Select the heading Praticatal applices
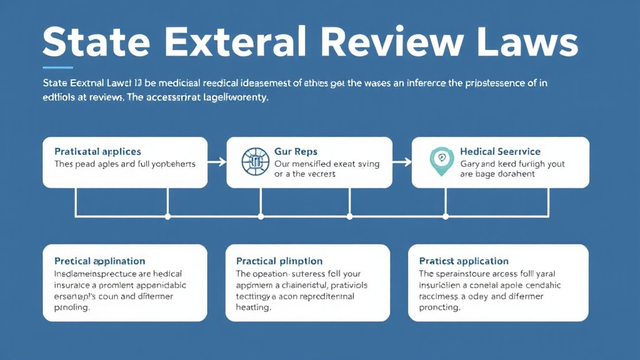[97, 152]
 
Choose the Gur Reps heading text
[296, 152]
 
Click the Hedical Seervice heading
[500, 152]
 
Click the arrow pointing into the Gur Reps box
[217, 162]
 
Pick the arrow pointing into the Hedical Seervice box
[402, 162]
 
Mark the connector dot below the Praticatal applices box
[167, 217]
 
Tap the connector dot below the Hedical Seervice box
[446, 217]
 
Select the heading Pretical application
[99, 261]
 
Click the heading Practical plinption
[279, 261]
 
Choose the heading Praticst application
[464, 261]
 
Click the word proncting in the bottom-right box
[439, 308]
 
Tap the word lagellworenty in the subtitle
[231, 97]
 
